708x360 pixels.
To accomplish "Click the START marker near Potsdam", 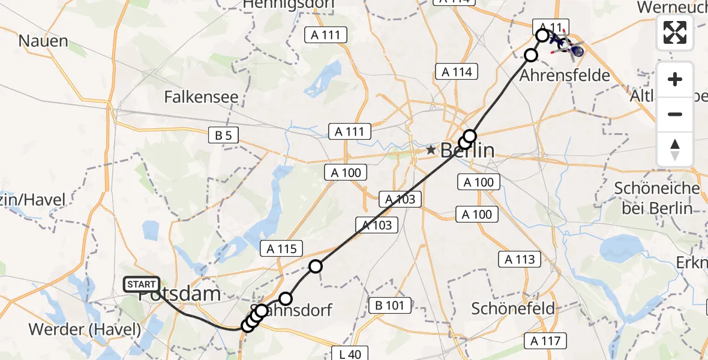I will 142,284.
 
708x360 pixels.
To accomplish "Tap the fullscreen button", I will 675,33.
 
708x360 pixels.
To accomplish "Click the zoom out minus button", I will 675,114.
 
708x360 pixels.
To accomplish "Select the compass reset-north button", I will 675,149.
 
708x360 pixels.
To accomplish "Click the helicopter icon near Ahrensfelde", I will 570,48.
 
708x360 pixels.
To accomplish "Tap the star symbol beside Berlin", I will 431,149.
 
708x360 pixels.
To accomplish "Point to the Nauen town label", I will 43,41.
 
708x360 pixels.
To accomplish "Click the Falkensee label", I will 201,97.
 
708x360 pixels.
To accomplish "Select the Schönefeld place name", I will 512,308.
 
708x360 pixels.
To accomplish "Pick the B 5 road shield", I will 223,136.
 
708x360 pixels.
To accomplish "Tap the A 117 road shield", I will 545,341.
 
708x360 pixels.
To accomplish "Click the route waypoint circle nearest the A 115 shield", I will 316,266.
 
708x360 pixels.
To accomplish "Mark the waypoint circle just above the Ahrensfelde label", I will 531,56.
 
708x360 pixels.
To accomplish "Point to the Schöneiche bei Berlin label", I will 657,198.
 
